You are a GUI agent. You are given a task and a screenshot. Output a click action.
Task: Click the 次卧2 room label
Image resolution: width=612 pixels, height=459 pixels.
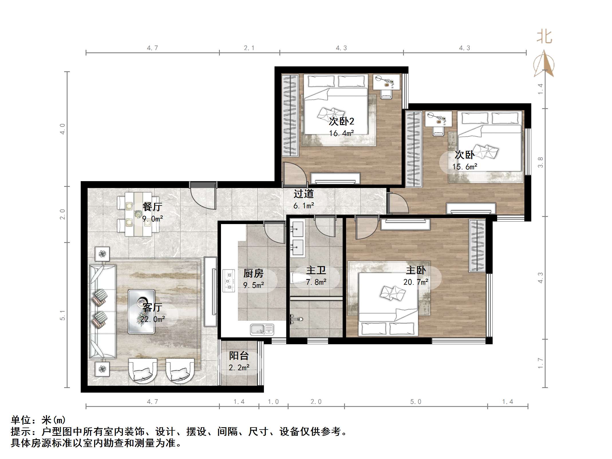click(341, 121)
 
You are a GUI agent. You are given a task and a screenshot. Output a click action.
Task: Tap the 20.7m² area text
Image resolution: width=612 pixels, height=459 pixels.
click(416, 282)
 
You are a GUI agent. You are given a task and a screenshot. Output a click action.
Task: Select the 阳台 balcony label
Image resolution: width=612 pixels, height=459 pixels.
click(239, 356)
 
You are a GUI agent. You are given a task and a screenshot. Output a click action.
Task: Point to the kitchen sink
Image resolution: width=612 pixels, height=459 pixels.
click(262, 329)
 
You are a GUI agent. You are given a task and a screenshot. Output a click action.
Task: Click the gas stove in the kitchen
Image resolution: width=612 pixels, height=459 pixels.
click(229, 281)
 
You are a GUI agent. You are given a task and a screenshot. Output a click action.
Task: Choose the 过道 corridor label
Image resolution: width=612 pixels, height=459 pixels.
click(304, 194)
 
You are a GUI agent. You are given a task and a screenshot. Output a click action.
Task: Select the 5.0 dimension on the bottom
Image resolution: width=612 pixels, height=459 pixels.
click(416, 402)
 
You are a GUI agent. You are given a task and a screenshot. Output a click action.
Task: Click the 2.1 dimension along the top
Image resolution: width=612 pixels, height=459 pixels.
click(249, 48)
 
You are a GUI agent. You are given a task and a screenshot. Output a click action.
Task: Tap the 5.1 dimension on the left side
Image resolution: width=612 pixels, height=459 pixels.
click(63, 315)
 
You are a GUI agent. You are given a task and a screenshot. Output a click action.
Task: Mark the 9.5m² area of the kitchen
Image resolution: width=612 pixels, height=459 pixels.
click(254, 285)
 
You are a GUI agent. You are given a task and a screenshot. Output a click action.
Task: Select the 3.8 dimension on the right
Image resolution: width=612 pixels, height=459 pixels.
click(540, 162)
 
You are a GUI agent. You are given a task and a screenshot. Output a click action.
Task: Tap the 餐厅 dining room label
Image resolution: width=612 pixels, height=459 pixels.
click(152, 207)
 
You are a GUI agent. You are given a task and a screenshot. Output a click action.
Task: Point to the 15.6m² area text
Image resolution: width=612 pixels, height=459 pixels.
click(465, 167)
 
